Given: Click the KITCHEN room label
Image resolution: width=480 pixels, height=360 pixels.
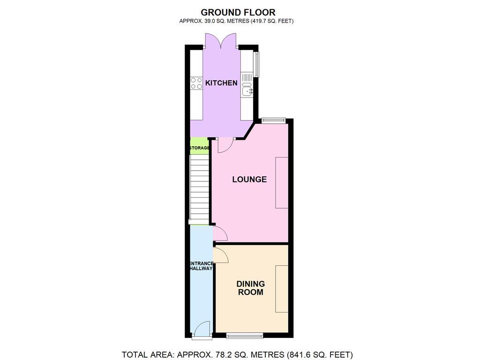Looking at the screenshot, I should (221, 83).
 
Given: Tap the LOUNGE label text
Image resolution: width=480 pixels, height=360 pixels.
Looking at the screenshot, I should (249, 179).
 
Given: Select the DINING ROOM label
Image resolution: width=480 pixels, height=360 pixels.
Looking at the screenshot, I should (250, 288).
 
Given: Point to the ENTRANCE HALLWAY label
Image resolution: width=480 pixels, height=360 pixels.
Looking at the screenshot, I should (201, 266).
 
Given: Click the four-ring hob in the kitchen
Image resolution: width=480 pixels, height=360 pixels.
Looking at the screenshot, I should (196, 83).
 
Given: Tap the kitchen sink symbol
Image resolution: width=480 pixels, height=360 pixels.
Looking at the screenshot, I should (247, 89).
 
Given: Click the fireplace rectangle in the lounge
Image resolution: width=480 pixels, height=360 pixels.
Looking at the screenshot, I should (282, 182).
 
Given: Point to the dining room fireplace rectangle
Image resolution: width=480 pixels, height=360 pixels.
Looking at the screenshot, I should (282, 289).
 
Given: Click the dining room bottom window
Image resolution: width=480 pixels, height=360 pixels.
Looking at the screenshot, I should (244, 336).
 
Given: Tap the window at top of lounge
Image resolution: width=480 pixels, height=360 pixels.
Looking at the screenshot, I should (273, 120).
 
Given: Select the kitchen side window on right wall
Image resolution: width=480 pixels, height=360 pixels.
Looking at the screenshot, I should (256, 64).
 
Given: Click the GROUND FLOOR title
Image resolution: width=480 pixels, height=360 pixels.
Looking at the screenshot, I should (238, 12).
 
